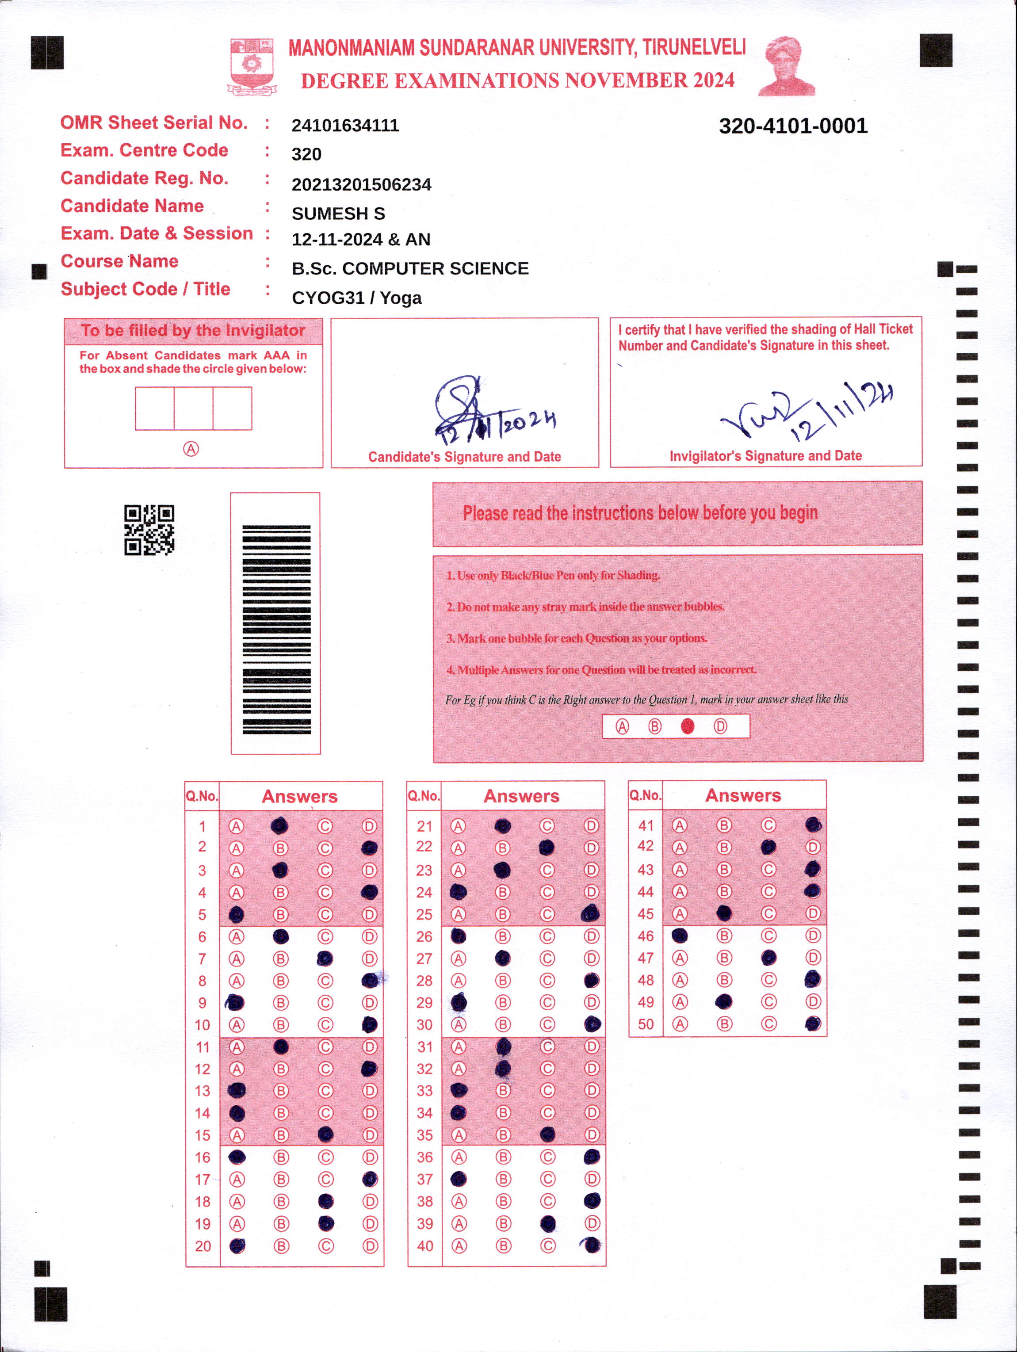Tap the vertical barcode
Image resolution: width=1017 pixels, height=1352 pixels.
(x=276, y=629)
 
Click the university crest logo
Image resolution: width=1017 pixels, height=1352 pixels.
(x=251, y=66)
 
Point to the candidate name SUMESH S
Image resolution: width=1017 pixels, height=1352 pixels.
(x=338, y=213)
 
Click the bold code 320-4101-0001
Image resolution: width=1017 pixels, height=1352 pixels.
(x=793, y=126)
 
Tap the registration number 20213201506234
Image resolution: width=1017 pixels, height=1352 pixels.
(x=361, y=185)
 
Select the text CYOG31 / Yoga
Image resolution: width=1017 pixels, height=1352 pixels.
(x=357, y=298)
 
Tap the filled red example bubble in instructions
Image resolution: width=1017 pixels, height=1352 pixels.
(x=688, y=726)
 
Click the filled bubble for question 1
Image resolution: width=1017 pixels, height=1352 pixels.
(x=279, y=826)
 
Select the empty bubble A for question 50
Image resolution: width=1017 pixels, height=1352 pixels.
(x=680, y=1024)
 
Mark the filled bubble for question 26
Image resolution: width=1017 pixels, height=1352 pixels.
(x=458, y=936)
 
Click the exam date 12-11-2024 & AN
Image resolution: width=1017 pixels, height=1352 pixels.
(x=361, y=240)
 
